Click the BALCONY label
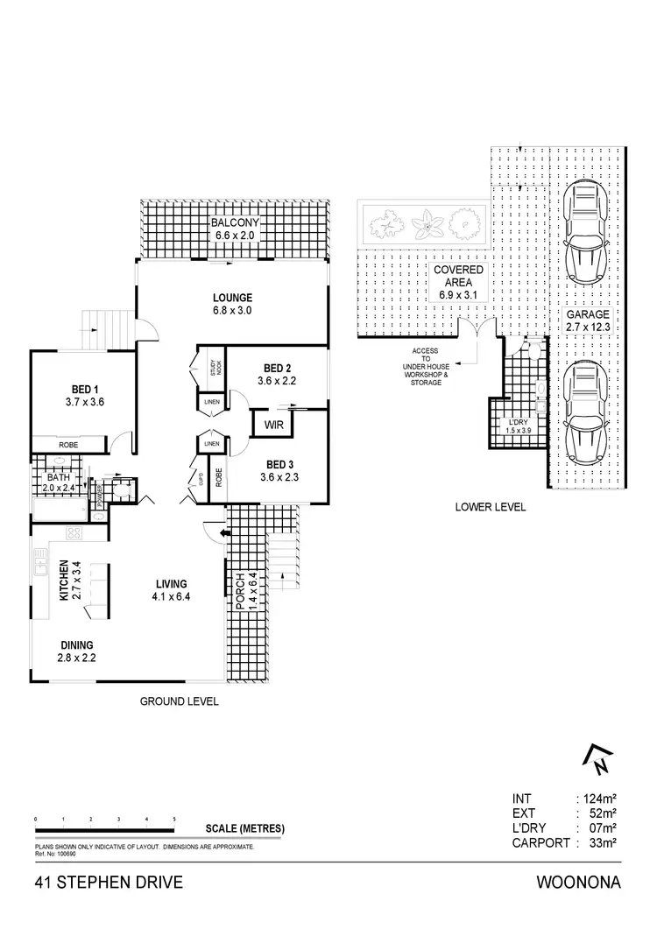click(233, 222)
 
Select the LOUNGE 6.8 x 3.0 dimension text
click(232, 311)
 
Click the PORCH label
click(240, 591)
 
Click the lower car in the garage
click(583, 412)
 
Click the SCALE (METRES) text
click(244, 828)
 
